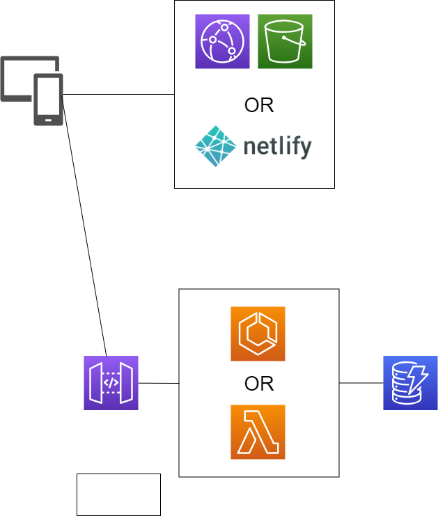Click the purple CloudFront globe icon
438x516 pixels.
click(222, 42)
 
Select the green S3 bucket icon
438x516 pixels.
click(285, 42)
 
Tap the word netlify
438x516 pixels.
click(277, 148)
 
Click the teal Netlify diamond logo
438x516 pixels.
click(216, 147)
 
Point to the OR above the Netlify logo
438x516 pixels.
click(258, 106)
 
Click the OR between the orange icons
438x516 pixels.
click(258, 384)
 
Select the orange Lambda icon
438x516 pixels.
click(258, 432)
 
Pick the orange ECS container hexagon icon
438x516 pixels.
click(258, 334)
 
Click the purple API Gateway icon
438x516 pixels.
click(111, 383)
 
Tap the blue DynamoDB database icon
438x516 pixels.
click(410, 383)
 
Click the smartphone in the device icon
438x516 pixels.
click(48, 99)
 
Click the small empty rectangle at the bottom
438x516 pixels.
click(118, 494)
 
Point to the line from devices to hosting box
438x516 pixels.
click(118, 94)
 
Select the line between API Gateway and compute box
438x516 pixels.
click(159, 383)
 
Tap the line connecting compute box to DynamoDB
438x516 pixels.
click(361, 383)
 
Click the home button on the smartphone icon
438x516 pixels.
click(48, 120)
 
